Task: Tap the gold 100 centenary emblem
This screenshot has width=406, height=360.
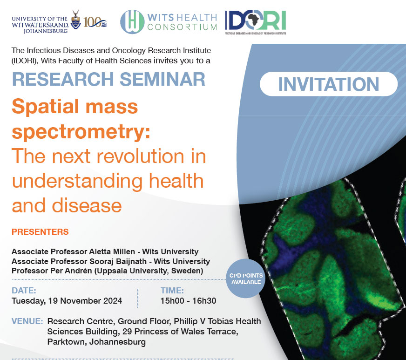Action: pyautogui.click(x=95, y=23)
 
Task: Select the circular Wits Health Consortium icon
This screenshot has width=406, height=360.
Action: pyautogui.click(x=132, y=22)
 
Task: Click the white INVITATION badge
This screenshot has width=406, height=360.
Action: pyautogui.click(x=329, y=84)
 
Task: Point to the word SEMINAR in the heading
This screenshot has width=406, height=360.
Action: pyautogui.click(x=162, y=79)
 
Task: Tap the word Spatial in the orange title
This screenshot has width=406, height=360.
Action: pyautogui.click(x=45, y=107)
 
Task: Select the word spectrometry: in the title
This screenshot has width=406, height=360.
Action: pyautogui.click(x=81, y=132)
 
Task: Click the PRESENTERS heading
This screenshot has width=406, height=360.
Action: pyautogui.click(x=40, y=232)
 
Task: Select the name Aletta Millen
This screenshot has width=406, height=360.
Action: pyautogui.click(x=112, y=251)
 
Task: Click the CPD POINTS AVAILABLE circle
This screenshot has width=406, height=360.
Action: pyautogui.click(x=246, y=278)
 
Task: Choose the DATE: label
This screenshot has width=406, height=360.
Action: pyautogui.click(x=24, y=291)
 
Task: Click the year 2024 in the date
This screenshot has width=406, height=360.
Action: pyautogui.click(x=113, y=301)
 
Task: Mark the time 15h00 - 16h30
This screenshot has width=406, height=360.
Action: pyautogui.click(x=188, y=301)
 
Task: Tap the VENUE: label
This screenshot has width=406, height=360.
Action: pyautogui.click(x=27, y=321)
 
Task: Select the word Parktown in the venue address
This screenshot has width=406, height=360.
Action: pyautogui.click(x=67, y=342)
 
